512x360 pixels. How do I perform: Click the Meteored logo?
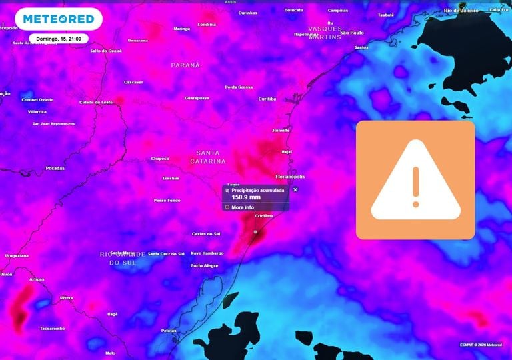coord(59,19)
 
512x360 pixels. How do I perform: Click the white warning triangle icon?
coord(415,180)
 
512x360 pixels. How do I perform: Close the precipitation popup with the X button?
coord(295,189)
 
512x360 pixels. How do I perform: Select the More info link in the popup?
coord(242,207)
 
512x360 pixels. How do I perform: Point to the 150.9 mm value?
coord(245,197)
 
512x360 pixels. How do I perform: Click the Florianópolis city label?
coord(290,177)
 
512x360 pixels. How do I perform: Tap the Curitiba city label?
coord(267,99)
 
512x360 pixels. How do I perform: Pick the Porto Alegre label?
coord(204,265)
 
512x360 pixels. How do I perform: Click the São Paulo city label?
coord(351,33)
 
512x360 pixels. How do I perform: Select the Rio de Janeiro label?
coord(460,10)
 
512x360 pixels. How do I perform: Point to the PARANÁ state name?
coord(185,65)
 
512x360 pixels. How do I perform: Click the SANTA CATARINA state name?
coord(208,157)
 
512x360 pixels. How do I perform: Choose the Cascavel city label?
coord(133,82)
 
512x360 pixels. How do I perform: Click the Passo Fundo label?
coord(167,200)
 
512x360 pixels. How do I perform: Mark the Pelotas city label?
coord(169,331)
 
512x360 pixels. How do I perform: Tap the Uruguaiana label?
coord(17,255)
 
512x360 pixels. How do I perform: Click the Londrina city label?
coord(207,24)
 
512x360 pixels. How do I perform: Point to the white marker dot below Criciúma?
coord(255,231)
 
